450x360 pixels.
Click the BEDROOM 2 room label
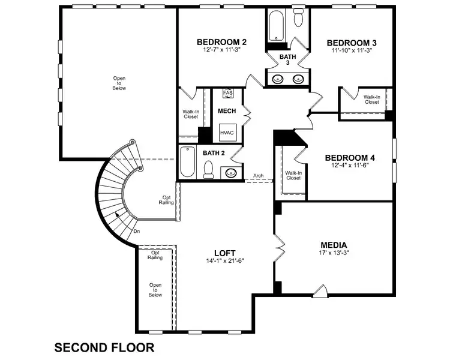[x=221, y=42]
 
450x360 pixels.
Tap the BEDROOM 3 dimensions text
[x=352, y=50]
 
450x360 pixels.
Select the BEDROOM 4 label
[x=350, y=158]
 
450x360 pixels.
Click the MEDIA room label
[x=334, y=245]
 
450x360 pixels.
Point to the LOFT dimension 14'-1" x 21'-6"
[x=225, y=260]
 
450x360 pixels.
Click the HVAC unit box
[x=228, y=133]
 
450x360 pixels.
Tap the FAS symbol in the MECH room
[x=228, y=93]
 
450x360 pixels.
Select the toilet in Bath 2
[x=208, y=169]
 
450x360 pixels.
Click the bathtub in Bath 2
[x=187, y=162]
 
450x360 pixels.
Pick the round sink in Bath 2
[x=231, y=173]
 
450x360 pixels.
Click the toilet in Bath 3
[x=299, y=17]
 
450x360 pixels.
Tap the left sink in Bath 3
[x=278, y=79]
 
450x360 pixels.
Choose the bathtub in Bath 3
[x=277, y=26]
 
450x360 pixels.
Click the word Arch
[x=258, y=175]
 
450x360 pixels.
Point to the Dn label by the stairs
[x=137, y=231]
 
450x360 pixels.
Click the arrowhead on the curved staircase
[x=118, y=215]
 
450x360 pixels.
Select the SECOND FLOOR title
[x=104, y=347]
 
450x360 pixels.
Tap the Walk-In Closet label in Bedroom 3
[x=372, y=100]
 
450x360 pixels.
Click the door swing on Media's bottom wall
[x=320, y=291]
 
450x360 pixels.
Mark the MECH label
[x=227, y=111]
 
